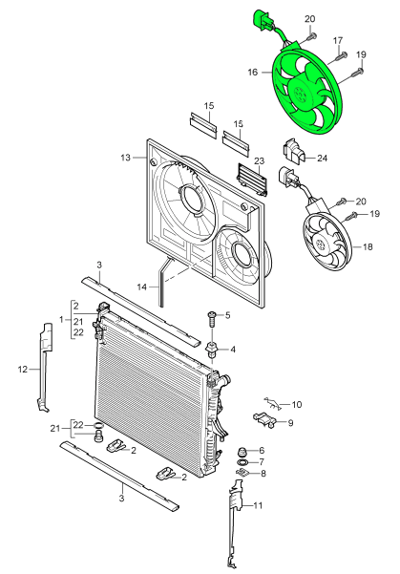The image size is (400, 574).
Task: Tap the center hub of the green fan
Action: pyautogui.click(x=305, y=94)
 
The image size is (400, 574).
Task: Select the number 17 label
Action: pyautogui.click(x=337, y=40)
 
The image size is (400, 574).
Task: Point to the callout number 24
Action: pyautogui.click(x=322, y=158)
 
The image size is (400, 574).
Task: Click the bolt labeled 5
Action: pyautogui.click(x=209, y=316)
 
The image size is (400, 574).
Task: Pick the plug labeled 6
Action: pyautogui.click(x=242, y=451)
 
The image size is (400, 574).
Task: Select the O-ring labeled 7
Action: pyautogui.click(x=242, y=463)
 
